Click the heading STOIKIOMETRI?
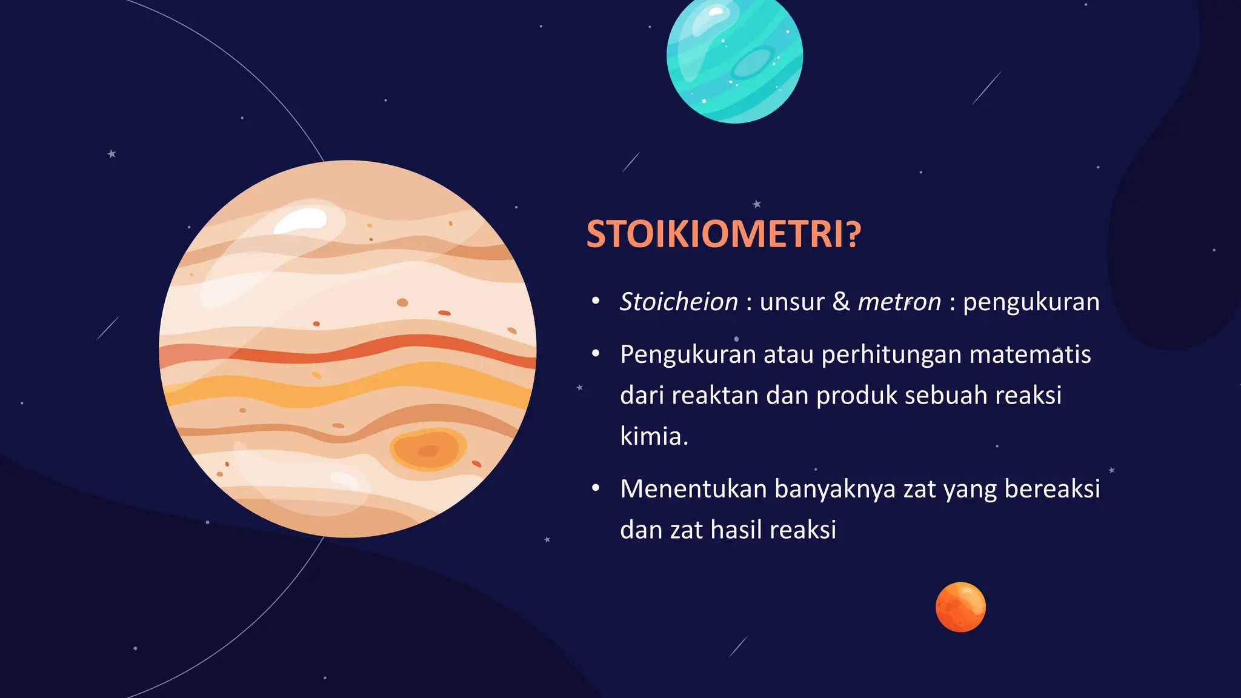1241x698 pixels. (x=723, y=234)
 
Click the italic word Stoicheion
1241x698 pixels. (x=679, y=302)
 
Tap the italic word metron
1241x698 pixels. (x=899, y=302)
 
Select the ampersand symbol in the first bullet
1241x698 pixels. (x=841, y=301)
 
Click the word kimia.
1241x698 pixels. (x=653, y=436)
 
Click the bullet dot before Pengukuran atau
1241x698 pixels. (x=596, y=353)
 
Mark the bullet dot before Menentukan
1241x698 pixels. (x=596, y=488)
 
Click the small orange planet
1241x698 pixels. (x=960, y=607)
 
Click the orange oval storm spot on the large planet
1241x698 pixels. (x=427, y=450)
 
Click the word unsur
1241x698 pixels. (x=792, y=302)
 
